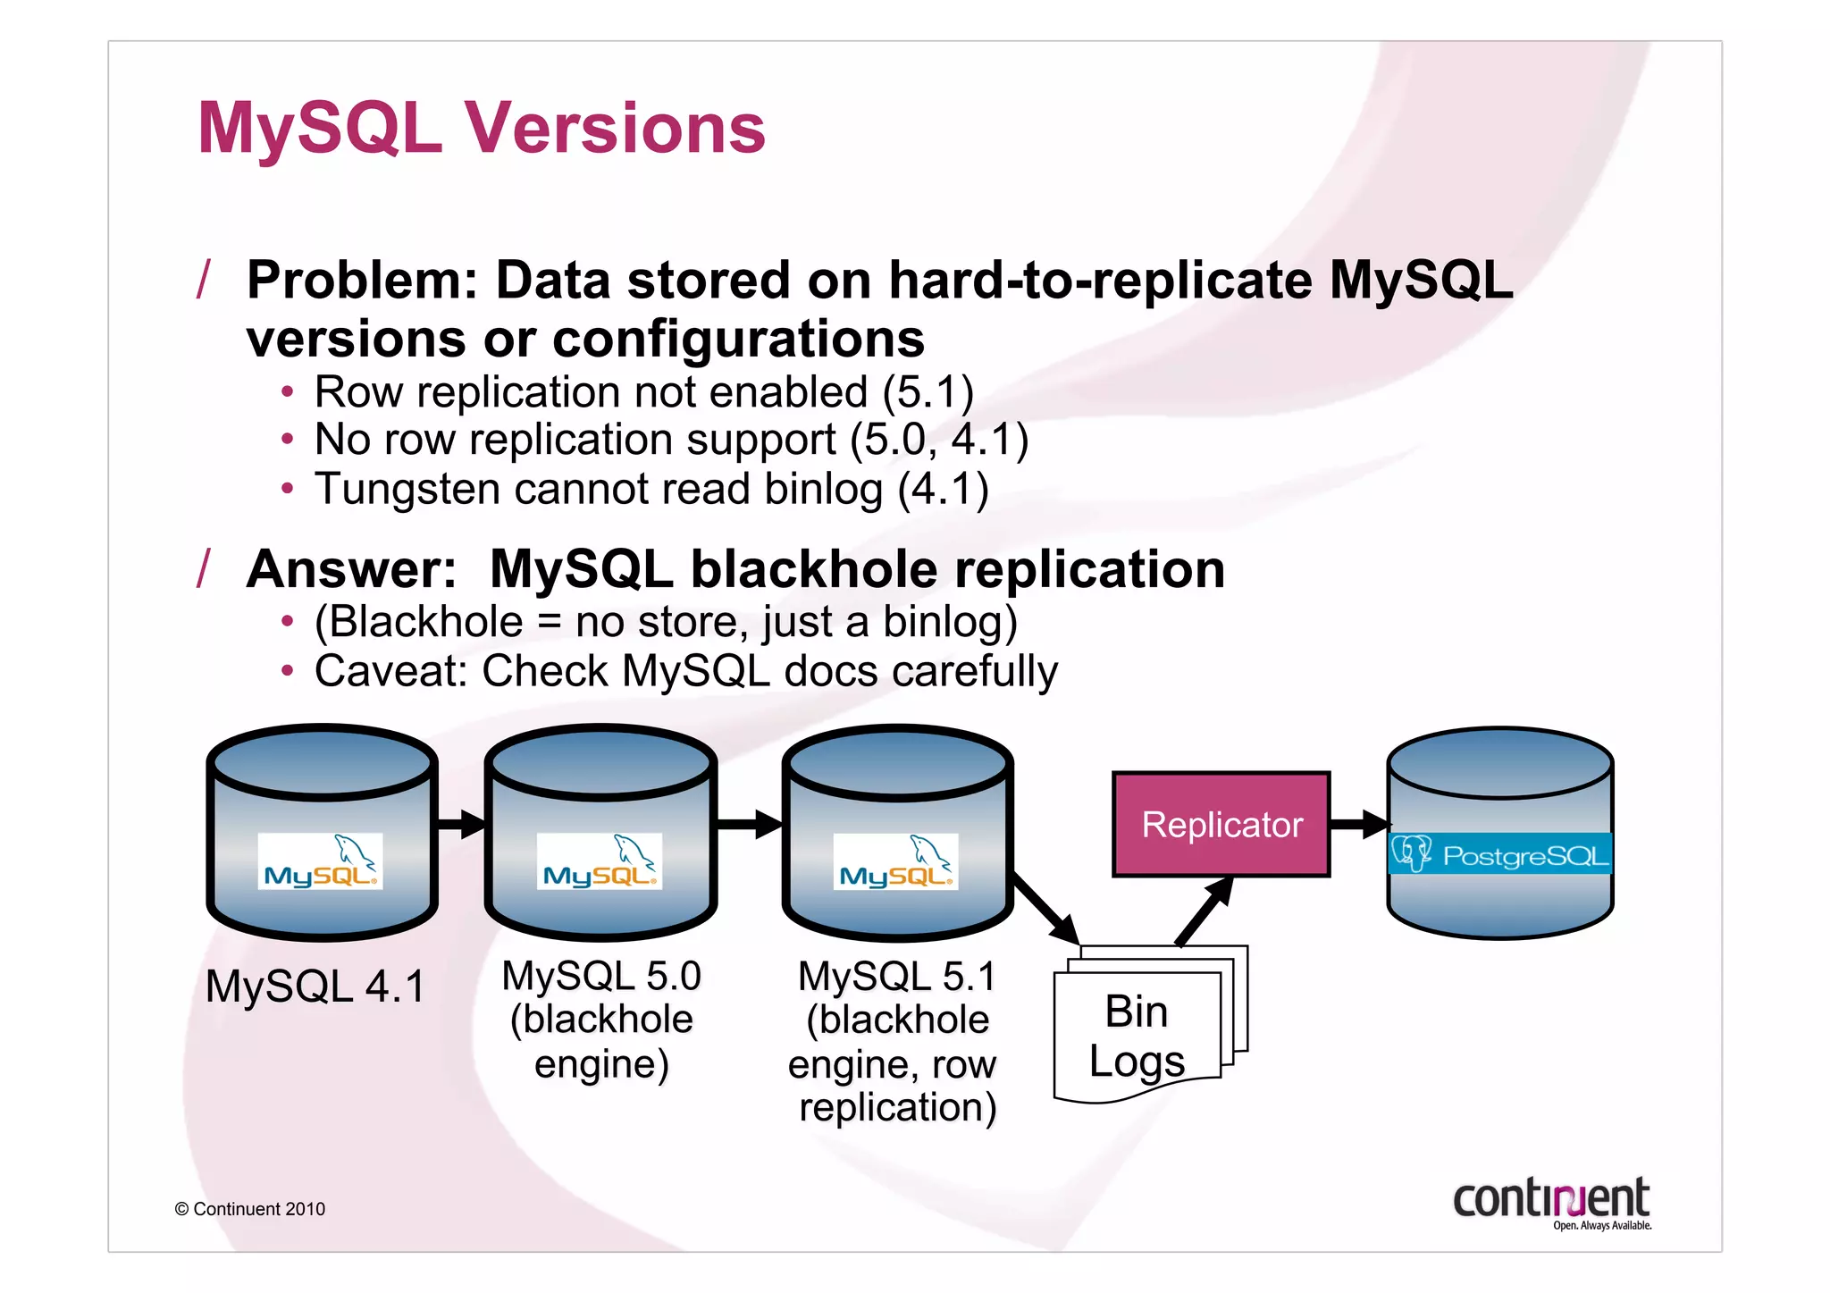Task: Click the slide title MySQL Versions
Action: (x=481, y=128)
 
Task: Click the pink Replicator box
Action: (x=1221, y=824)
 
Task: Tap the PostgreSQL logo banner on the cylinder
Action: (x=1499, y=854)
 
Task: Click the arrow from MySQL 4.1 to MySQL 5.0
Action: (x=461, y=823)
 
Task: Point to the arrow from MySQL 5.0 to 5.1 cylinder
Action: (x=749, y=823)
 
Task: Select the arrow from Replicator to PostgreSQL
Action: (x=1360, y=824)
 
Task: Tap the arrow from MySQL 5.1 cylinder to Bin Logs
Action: (x=1047, y=909)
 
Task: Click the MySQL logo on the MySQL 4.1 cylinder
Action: (x=320, y=861)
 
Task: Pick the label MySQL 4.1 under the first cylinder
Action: (x=315, y=987)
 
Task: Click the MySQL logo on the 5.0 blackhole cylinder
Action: (x=599, y=861)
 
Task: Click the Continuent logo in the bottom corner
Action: (x=1551, y=1203)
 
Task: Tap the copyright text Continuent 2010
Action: (x=250, y=1209)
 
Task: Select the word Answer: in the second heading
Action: (x=351, y=569)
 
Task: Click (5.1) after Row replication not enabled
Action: (x=928, y=392)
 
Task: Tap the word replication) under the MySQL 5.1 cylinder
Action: (x=897, y=1107)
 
